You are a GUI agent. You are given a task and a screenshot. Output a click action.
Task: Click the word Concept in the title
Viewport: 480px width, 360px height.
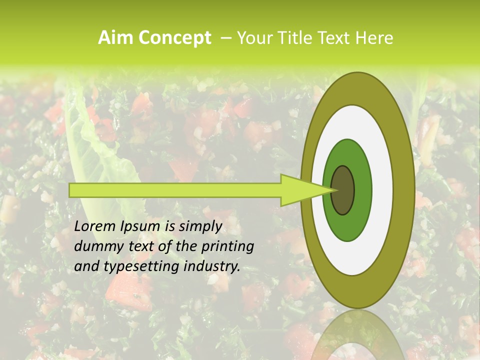point(174,38)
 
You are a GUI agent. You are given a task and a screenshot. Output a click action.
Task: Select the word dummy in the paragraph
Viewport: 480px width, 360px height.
point(95,246)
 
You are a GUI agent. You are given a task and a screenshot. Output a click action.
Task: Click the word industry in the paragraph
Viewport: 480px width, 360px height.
point(212,267)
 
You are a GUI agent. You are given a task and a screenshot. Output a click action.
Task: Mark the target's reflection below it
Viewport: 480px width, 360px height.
point(358,335)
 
